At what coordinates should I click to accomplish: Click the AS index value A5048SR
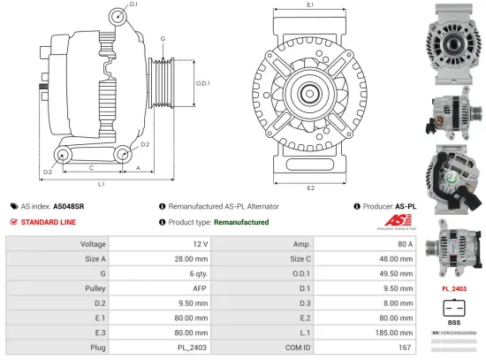coord(69,206)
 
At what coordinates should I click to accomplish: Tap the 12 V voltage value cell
coord(199,243)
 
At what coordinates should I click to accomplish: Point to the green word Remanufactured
coord(240,222)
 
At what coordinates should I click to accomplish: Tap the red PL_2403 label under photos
coord(453,288)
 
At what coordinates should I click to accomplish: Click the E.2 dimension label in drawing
coord(311,188)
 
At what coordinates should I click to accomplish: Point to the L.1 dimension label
coord(102,184)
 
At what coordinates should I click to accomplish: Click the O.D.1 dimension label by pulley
coord(202,84)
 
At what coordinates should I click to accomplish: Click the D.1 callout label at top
coord(133,5)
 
